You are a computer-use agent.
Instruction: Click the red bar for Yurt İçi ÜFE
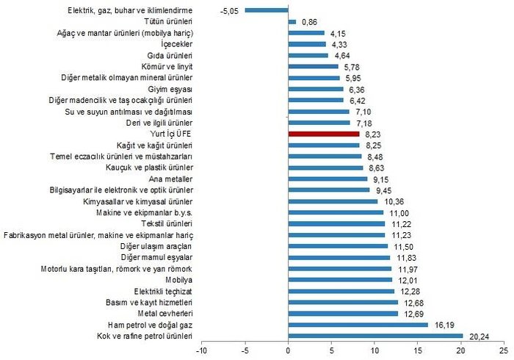pyautogui.click(x=324, y=134)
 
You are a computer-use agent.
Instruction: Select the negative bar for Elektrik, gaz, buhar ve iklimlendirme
pyautogui.click(x=267, y=11)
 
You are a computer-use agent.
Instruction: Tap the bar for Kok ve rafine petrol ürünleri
pyautogui.click(x=375, y=336)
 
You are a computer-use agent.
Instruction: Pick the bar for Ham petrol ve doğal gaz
pyautogui.click(x=358, y=325)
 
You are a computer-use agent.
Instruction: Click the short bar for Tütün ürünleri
pyautogui.click(x=292, y=22)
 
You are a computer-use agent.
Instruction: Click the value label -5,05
pyautogui.click(x=231, y=11)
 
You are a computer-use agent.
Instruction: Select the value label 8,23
pyautogui.click(x=372, y=134)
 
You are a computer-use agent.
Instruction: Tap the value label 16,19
pyautogui.click(x=441, y=325)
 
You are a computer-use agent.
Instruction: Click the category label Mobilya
pyautogui.click(x=179, y=280)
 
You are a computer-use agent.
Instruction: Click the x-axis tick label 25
pyautogui.click(x=504, y=350)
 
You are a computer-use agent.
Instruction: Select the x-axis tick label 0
pyautogui.click(x=289, y=350)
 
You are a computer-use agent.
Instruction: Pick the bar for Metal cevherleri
pyautogui.click(x=343, y=314)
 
